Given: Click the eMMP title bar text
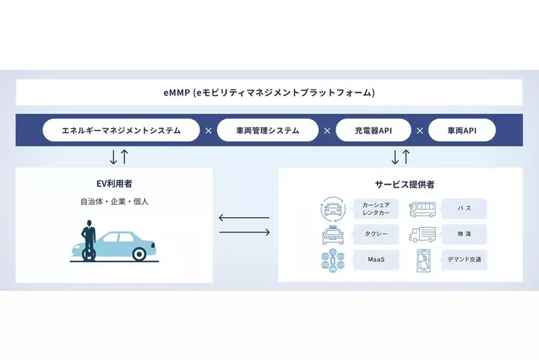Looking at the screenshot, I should (x=269, y=93).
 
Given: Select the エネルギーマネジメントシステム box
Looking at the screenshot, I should (x=121, y=131).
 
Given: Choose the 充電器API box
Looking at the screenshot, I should (x=374, y=131).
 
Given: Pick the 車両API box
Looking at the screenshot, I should (x=462, y=131).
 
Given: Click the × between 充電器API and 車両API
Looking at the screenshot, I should (x=420, y=131).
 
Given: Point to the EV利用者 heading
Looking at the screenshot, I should (x=114, y=184).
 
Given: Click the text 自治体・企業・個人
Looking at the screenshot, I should (x=114, y=203).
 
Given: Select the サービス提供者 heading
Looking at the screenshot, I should (x=399, y=184).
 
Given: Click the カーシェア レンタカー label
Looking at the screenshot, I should (x=377, y=208).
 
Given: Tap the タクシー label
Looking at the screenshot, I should (x=377, y=234).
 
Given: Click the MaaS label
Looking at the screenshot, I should (x=377, y=260).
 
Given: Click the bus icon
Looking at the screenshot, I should (x=423, y=208).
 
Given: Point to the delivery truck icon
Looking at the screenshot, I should (x=423, y=234).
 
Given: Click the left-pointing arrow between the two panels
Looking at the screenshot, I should (x=244, y=218).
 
